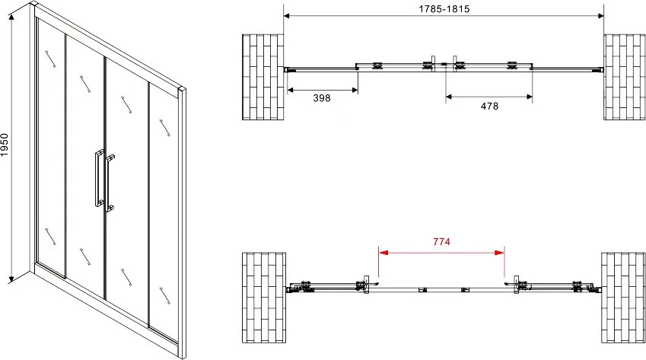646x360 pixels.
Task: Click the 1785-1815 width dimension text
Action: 444,8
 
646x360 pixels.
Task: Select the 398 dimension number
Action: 322,98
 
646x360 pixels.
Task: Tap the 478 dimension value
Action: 489,107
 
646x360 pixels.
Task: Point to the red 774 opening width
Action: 441,242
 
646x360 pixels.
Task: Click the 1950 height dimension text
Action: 5,145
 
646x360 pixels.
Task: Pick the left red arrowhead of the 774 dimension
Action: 383,253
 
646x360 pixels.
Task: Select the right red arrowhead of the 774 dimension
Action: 500,253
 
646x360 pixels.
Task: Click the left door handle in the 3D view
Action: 99,177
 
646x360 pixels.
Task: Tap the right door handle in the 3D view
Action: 109,183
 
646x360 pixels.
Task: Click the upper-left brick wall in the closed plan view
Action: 263,77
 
